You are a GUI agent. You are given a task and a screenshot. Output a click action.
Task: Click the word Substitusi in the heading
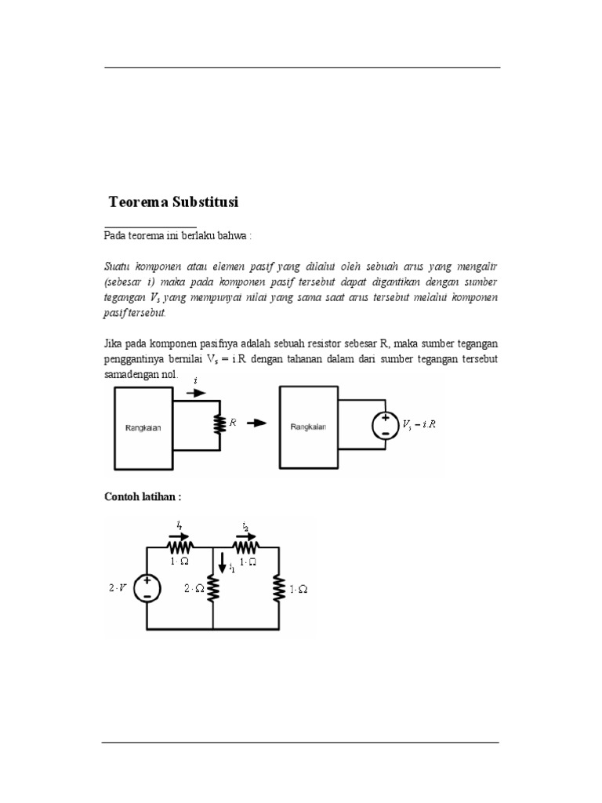(x=205, y=202)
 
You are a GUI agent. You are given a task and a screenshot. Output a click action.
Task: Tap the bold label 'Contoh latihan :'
(x=143, y=496)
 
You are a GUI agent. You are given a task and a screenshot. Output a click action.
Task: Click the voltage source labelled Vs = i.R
(x=386, y=426)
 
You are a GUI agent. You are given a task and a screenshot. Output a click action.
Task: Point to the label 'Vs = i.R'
(x=419, y=424)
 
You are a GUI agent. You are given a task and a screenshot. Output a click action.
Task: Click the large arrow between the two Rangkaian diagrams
(x=257, y=423)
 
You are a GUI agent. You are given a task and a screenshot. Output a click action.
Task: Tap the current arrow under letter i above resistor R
(x=196, y=393)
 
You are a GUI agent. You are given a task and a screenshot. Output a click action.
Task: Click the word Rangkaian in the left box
(x=143, y=428)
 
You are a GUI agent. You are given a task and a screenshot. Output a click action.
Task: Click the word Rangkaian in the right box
(x=308, y=427)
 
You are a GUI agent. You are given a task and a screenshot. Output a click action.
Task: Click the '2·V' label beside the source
(x=118, y=588)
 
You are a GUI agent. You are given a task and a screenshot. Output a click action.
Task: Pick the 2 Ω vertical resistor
(x=213, y=588)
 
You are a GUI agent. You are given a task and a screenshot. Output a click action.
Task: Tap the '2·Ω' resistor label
(x=194, y=589)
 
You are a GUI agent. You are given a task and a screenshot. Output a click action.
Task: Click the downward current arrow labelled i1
(x=222, y=563)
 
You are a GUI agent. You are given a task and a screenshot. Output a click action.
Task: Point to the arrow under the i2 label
(x=245, y=536)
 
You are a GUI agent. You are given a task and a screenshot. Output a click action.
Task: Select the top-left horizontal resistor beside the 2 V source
(x=180, y=547)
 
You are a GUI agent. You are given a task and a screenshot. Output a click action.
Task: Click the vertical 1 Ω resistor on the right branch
(x=279, y=588)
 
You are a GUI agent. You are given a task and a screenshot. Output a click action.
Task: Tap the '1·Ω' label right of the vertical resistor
(x=299, y=590)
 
